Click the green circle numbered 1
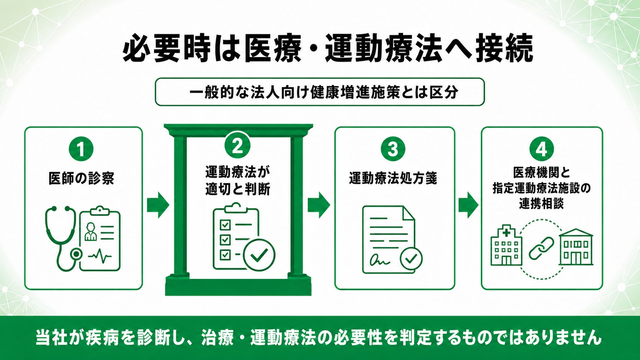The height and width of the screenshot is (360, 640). (81, 149)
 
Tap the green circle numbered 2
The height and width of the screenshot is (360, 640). (237, 146)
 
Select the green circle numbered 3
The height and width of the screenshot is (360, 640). (393, 149)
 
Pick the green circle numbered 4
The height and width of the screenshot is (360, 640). (541, 149)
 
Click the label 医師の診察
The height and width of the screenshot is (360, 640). (82, 178)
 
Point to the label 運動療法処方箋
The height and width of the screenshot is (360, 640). (393, 178)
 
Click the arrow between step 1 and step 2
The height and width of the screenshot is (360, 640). (158, 205)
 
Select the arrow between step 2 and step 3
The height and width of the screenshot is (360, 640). (319, 205)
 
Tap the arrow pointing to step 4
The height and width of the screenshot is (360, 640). (468, 205)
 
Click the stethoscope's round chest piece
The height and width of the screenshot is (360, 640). (76, 254)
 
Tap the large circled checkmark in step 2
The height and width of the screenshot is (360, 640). (259, 255)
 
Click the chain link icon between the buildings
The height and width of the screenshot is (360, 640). (541, 248)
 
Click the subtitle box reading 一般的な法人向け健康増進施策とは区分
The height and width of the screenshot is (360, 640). (320, 92)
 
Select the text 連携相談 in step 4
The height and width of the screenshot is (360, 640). (541, 204)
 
